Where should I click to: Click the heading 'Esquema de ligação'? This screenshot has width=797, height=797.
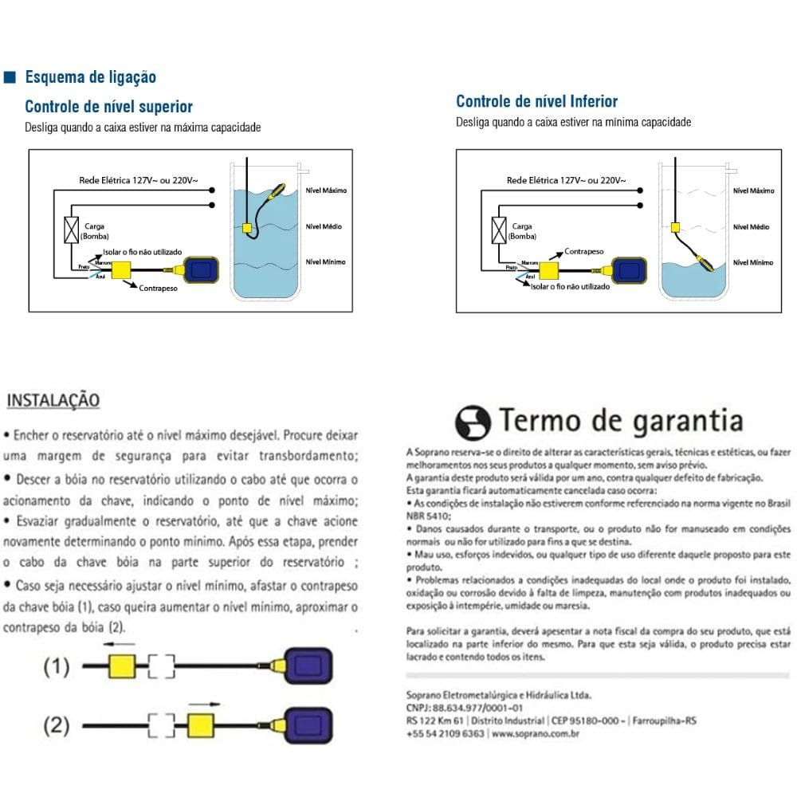[x=90, y=77]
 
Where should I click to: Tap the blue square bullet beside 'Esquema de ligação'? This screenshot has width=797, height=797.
[x=10, y=77]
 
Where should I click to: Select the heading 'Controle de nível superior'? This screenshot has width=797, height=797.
[x=108, y=107]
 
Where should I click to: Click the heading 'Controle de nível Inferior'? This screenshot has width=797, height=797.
[x=536, y=101]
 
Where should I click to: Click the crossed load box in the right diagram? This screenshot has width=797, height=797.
[x=501, y=230]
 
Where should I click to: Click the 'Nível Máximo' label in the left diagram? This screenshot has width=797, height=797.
[x=326, y=191]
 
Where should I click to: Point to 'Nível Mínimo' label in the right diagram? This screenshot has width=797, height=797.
[x=752, y=262]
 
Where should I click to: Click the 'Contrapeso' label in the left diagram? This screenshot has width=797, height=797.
[x=157, y=288]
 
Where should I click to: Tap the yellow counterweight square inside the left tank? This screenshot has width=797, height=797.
[x=247, y=228]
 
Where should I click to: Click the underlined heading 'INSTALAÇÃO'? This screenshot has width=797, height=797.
[x=53, y=400]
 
